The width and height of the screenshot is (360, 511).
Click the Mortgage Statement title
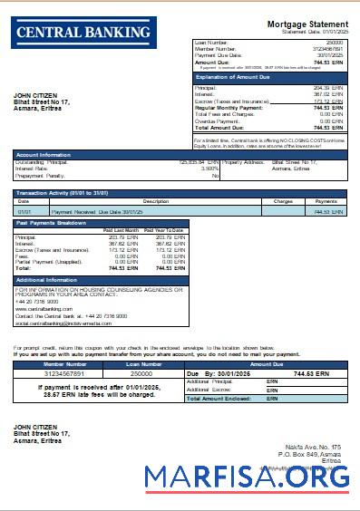pos(308,24)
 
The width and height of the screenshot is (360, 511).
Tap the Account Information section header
pos(44,155)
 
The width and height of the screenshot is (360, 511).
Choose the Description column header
pos(156,201)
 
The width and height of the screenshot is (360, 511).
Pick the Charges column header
pos(282,201)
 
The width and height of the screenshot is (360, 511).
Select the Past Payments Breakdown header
pos(53,223)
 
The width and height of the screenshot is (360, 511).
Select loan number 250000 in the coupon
pos(141,373)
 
